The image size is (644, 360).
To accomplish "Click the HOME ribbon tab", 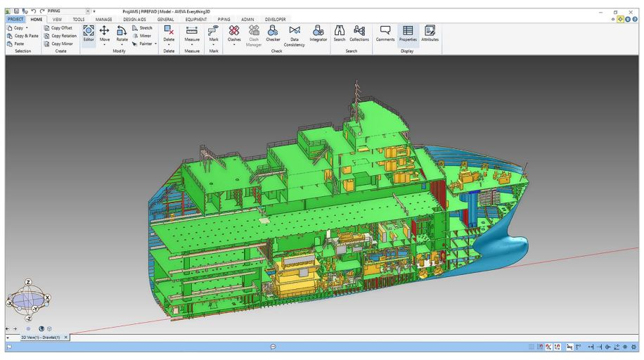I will click(x=36, y=20).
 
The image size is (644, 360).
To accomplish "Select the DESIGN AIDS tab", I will click(x=134, y=20).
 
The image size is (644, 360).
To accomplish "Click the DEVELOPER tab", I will click(x=275, y=20).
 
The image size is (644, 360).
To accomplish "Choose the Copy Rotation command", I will click(x=60, y=35).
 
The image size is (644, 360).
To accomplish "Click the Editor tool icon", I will click(x=89, y=34).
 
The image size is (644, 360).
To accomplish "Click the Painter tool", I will click(x=143, y=43).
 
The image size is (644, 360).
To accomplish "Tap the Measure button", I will click(x=192, y=34).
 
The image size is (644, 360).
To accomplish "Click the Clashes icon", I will click(x=234, y=33).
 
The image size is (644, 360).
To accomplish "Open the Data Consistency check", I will click(x=295, y=34).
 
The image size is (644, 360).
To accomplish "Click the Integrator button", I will click(x=318, y=33).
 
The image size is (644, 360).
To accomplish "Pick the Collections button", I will click(x=359, y=33).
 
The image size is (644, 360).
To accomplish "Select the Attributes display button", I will click(x=430, y=33).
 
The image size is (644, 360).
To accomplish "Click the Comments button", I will click(x=385, y=33).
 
